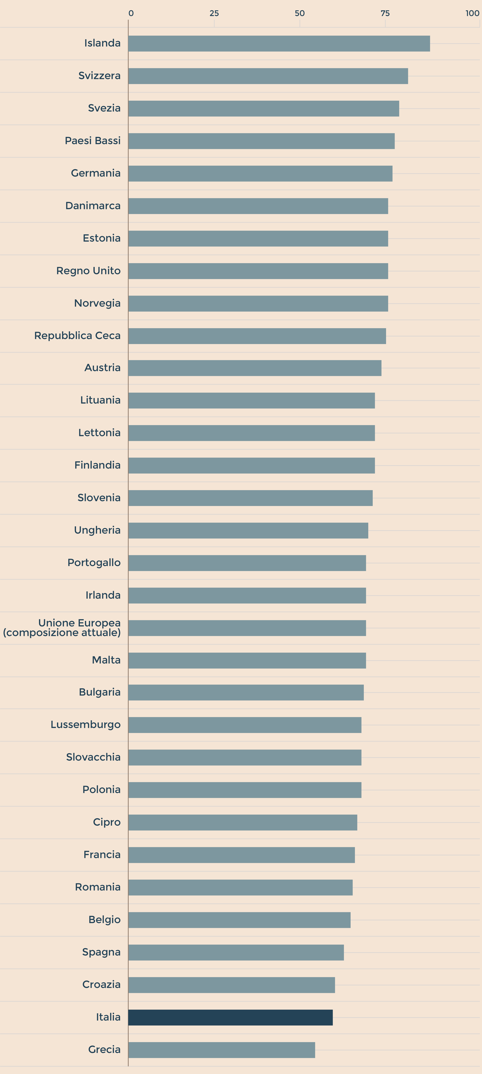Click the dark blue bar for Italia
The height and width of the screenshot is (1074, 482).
click(x=230, y=1017)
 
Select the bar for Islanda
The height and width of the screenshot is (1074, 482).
click(x=279, y=43)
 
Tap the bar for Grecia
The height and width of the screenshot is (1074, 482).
click(x=222, y=1050)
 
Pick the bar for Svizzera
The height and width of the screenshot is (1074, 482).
click(x=268, y=76)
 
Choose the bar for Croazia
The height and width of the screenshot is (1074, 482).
click(x=232, y=985)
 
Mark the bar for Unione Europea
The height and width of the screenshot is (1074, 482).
click(x=247, y=628)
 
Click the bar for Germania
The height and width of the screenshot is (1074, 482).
click(x=260, y=173)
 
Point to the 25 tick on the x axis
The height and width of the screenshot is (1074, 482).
click(x=214, y=13)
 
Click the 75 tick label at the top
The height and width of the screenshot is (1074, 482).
click(x=385, y=13)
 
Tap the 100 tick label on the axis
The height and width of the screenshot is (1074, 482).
click(x=472, y=13)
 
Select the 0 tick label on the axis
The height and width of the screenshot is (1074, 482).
click(x=131, y=13)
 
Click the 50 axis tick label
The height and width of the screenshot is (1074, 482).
click(x=300, y=13)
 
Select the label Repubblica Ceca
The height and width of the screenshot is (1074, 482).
click(x=77, y=336)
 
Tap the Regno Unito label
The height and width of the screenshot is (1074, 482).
click(x=88, y=271)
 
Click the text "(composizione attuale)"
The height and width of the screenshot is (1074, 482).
click(x=62, y=633)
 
